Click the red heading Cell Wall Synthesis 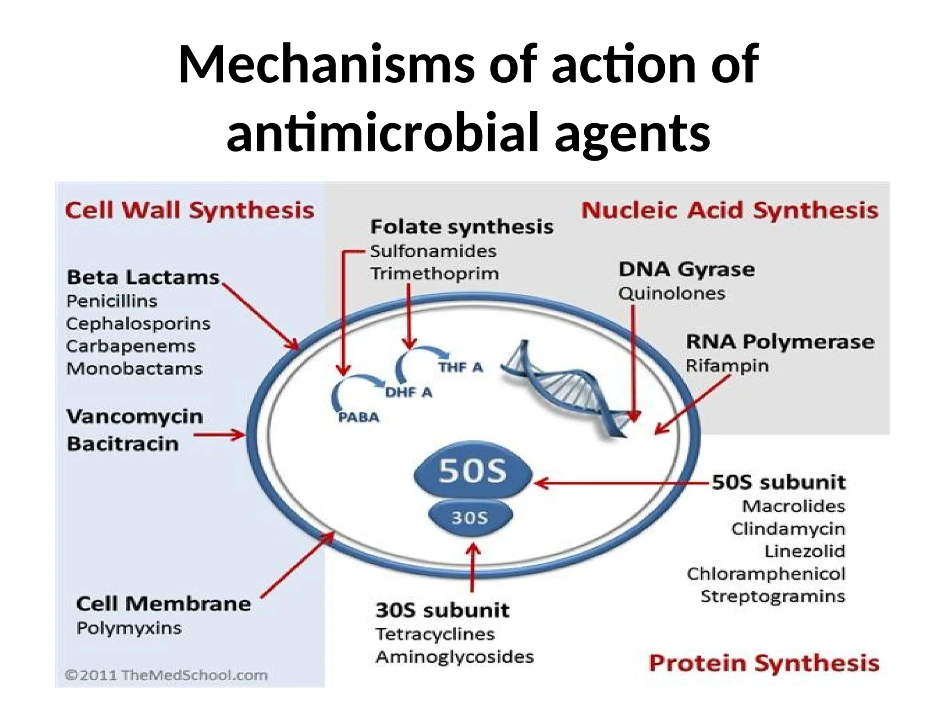pos(189,211)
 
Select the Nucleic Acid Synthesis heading pos(729,211)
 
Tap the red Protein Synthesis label pos(764,663)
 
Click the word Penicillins pos(112,301)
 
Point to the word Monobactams pos(134,368)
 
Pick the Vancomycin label pos(135,416)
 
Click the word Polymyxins pos(129,628)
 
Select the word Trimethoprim pos(434,274)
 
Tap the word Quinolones pos(671,293)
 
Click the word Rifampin pos(727,366)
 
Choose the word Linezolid pos(804,551)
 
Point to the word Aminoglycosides pos(454,657)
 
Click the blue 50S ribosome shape pos(473,471)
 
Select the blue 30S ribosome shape pos(470,518)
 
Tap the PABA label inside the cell pos(358,417)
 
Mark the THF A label pos(460,367)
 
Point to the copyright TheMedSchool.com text pos(166,675)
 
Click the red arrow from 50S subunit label pos(622,483)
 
